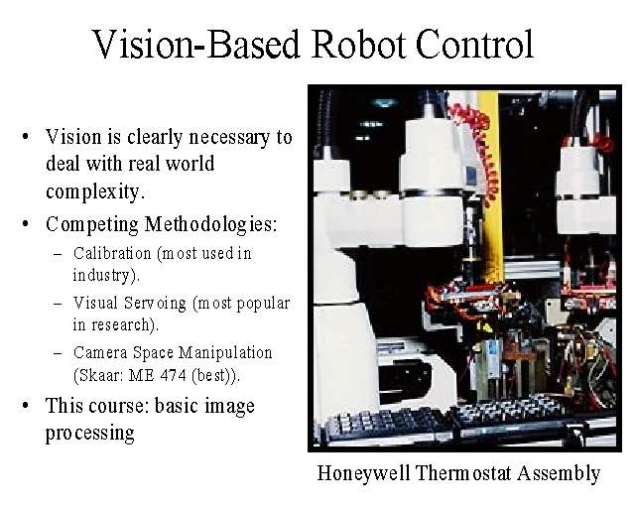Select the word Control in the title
475,44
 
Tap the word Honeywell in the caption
364,474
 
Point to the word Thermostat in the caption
463,472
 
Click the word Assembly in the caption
559,474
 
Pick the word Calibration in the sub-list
112,253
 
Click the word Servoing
155,304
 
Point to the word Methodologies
210,224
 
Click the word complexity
95,191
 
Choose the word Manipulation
225,353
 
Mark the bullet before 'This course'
26,406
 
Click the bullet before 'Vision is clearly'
26,137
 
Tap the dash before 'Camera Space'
58,353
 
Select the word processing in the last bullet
89,434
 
